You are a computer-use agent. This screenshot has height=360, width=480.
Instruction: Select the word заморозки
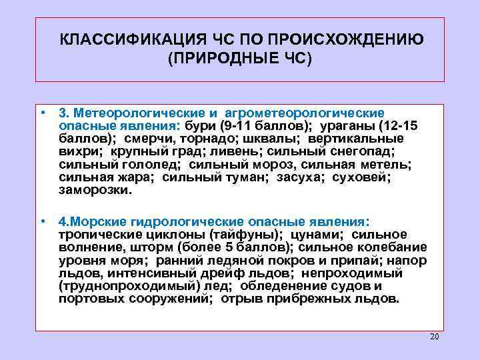pyautogui.click(x=95, y=189)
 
